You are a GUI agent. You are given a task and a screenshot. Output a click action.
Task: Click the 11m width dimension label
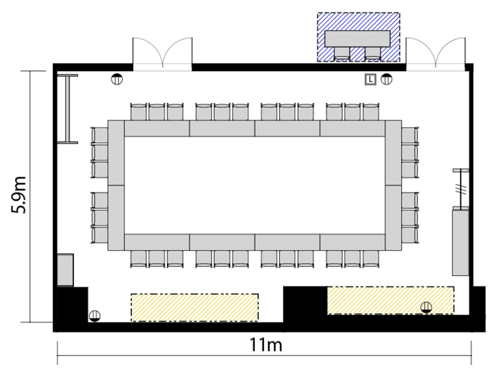266,345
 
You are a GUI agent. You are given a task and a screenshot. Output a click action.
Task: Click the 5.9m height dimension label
19,195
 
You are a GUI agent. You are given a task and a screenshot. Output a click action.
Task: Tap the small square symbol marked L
370,79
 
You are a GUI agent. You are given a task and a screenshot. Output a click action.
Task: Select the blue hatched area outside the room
359,37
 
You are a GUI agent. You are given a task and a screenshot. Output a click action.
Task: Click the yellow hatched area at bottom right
391,300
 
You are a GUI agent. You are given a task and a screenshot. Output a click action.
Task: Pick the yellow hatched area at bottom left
195,307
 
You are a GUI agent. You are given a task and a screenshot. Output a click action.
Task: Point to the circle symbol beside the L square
386,79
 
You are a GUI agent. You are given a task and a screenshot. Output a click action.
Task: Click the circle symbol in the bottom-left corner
95,316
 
